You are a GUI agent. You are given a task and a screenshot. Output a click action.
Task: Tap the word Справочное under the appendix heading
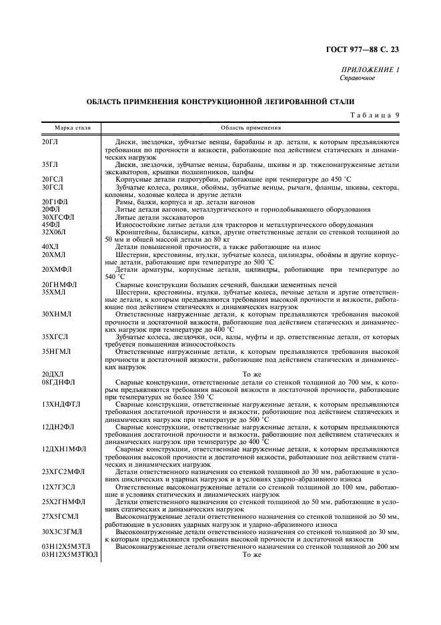358,78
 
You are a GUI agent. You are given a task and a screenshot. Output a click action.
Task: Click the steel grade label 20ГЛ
49,142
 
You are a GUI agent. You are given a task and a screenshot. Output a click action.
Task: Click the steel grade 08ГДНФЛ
58,381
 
